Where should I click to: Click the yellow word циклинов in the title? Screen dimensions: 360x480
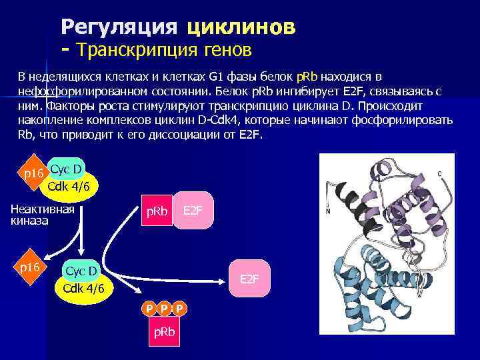(241, 27)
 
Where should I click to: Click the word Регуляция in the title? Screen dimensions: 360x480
(119, 27)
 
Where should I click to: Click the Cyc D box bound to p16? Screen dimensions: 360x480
(66, 169)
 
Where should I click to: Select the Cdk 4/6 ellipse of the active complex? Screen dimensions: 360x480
(83, 289)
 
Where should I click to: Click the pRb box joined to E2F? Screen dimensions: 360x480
(157, 212)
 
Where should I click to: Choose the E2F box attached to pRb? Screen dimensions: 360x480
(193, 211)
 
